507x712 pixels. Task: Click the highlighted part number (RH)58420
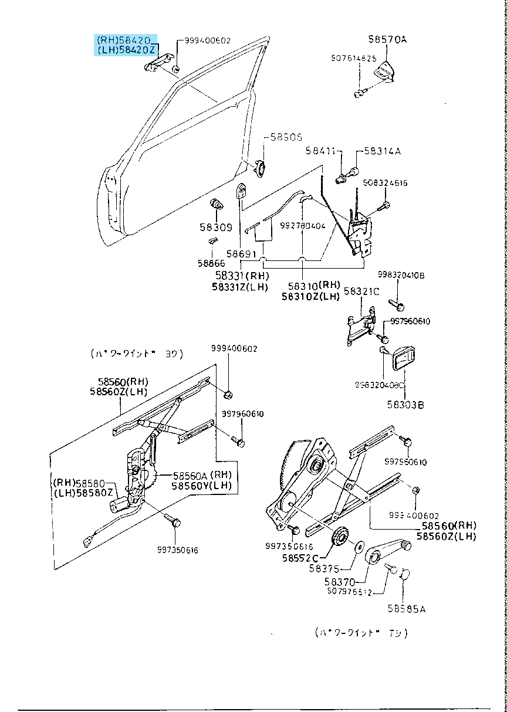point(126,40)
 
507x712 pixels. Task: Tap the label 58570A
point(387,40)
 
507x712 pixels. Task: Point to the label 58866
point(211,263)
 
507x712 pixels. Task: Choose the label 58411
point(320,151)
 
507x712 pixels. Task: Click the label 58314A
point(382,151)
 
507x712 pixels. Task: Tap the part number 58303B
point(405,404)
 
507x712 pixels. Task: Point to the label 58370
point(340,582)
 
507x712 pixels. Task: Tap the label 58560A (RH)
point(202,475)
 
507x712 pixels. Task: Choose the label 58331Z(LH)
point(239,287)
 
